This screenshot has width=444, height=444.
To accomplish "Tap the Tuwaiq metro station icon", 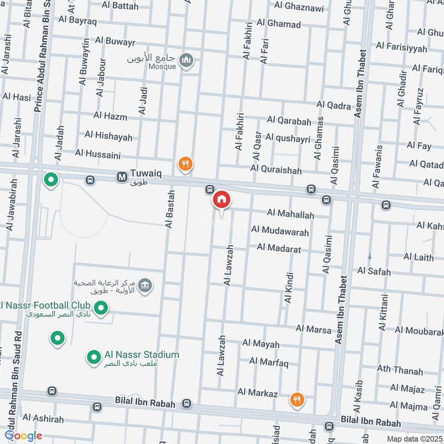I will click(122, 176).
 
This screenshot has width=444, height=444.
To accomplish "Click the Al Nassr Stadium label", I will click(142, 355).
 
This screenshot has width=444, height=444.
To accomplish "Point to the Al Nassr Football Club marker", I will click(100, 307).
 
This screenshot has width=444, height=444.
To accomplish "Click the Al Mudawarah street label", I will click(280, 229).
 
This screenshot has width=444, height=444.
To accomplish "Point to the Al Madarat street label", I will click(279, 250).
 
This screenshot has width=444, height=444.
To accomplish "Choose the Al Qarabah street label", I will click(289, 120).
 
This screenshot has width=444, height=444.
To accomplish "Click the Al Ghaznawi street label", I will click(299, 6).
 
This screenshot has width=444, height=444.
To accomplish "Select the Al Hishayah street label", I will click(109, 136).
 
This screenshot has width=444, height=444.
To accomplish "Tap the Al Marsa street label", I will click(314, 329).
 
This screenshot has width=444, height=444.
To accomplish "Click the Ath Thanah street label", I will click(400, 371).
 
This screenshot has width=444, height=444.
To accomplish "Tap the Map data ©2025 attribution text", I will click(415, 439).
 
